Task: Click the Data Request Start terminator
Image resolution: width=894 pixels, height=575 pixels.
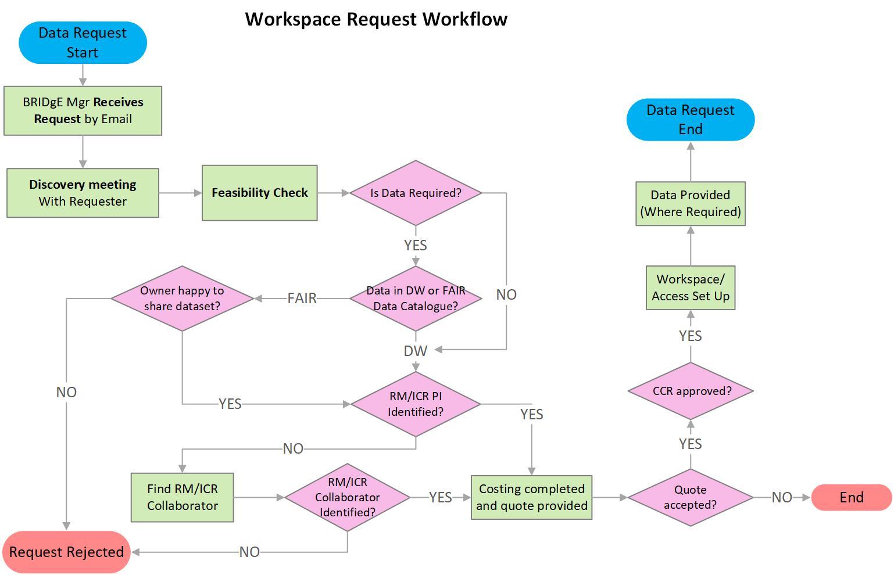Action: coord(83,42)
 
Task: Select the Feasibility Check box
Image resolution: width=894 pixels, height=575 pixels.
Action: coord(259,193)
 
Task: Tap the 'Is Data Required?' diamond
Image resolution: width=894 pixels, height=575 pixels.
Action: coord(416,193)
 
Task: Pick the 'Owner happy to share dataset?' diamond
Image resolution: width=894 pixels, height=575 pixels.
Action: coord(182,299)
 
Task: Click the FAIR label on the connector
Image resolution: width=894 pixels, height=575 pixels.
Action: coord(302,298)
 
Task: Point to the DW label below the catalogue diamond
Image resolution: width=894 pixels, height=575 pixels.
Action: coord(415,351)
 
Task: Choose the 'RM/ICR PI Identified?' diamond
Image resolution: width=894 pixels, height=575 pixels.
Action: coord(416,404)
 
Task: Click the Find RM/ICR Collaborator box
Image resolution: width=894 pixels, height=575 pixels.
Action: coord(182,497)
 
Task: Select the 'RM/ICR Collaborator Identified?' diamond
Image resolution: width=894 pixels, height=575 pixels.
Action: coord(347,497)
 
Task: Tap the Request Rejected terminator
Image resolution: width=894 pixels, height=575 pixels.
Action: coord(66,552)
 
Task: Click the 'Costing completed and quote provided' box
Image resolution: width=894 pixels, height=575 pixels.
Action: coord(531,497)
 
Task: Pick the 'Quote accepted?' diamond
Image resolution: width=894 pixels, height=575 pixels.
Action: coord(690,497)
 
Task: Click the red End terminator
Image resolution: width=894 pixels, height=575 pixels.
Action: coord(851,497)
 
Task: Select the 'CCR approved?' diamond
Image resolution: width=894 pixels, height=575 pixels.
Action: coord(691,391)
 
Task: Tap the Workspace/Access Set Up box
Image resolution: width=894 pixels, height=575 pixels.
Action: coord(691,287)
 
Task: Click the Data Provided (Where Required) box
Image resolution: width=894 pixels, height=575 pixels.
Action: coord(691,203)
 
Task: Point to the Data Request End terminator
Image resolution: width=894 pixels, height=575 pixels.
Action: coord(691,119)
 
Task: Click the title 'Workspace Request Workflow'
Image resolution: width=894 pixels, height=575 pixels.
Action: coord(376,19)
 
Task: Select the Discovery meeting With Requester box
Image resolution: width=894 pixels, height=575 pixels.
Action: coord(83,193)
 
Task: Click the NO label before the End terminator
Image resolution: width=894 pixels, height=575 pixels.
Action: coord(782,497)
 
